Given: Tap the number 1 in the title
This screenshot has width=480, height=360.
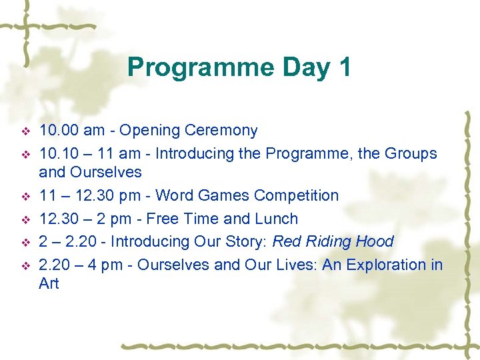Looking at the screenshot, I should (x=343, y=67).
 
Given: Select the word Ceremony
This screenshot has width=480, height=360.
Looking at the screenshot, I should (x=219, y=130).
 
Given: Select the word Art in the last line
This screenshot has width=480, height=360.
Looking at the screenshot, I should (x=49, y=283).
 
